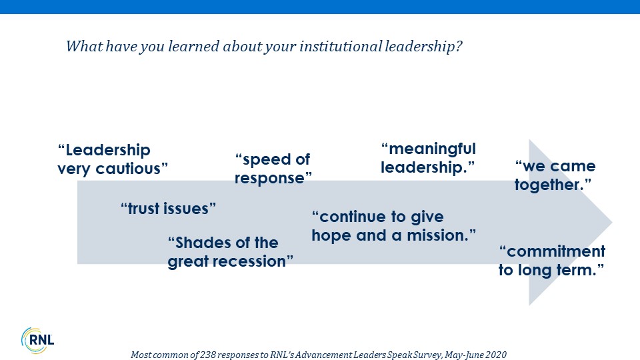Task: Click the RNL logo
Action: (37, 341)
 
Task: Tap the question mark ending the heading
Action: (459, 46)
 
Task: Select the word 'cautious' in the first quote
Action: (131, 169)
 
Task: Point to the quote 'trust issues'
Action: (168, 209)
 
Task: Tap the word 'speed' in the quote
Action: (263, 159)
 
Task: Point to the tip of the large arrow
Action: (612, 222)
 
